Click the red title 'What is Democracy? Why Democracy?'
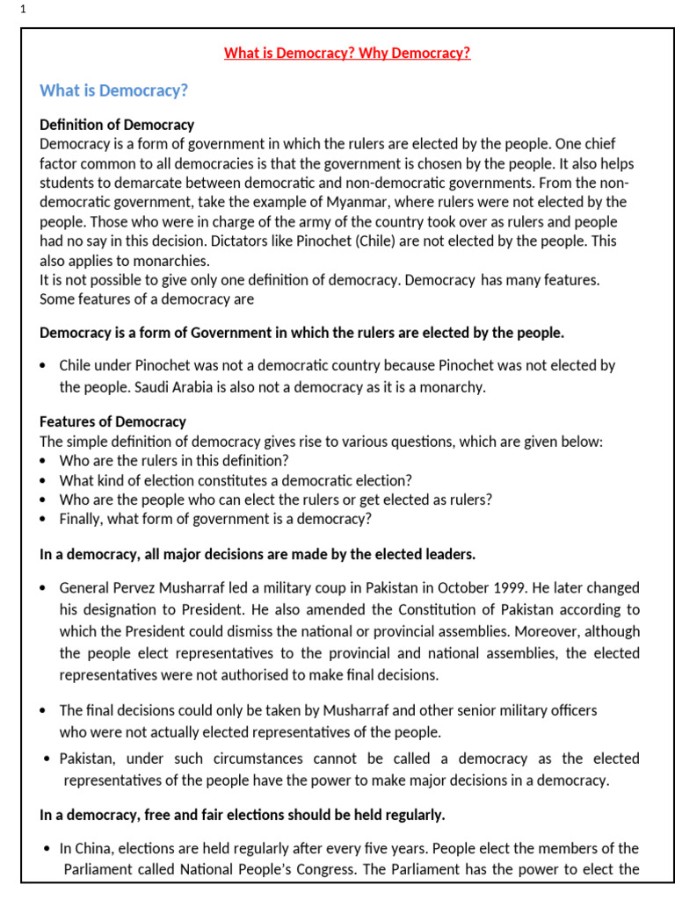point(347,54)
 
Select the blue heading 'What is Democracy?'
point(114,91)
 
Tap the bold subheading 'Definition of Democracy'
point(117,125)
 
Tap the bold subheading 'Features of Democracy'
point(113,421)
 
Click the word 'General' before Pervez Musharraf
point(85,587)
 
